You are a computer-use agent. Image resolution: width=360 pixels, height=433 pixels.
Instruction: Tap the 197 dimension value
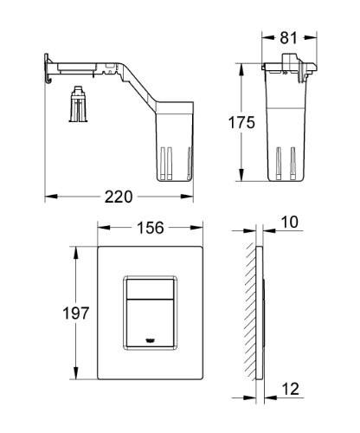[80, 313]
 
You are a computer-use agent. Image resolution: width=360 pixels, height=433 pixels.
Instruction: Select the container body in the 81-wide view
[286, 130]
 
